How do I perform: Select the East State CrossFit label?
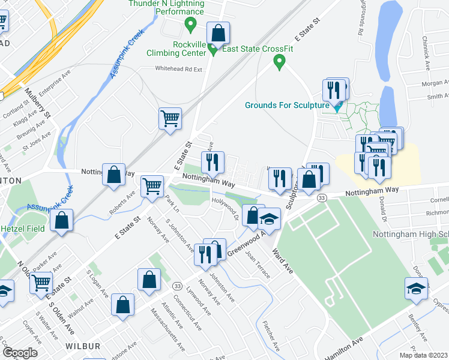tap(258, 49)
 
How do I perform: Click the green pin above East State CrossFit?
tap(279, 61)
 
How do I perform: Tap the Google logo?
tap(20, 353)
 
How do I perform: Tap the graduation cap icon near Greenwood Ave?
tap(270, 220)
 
